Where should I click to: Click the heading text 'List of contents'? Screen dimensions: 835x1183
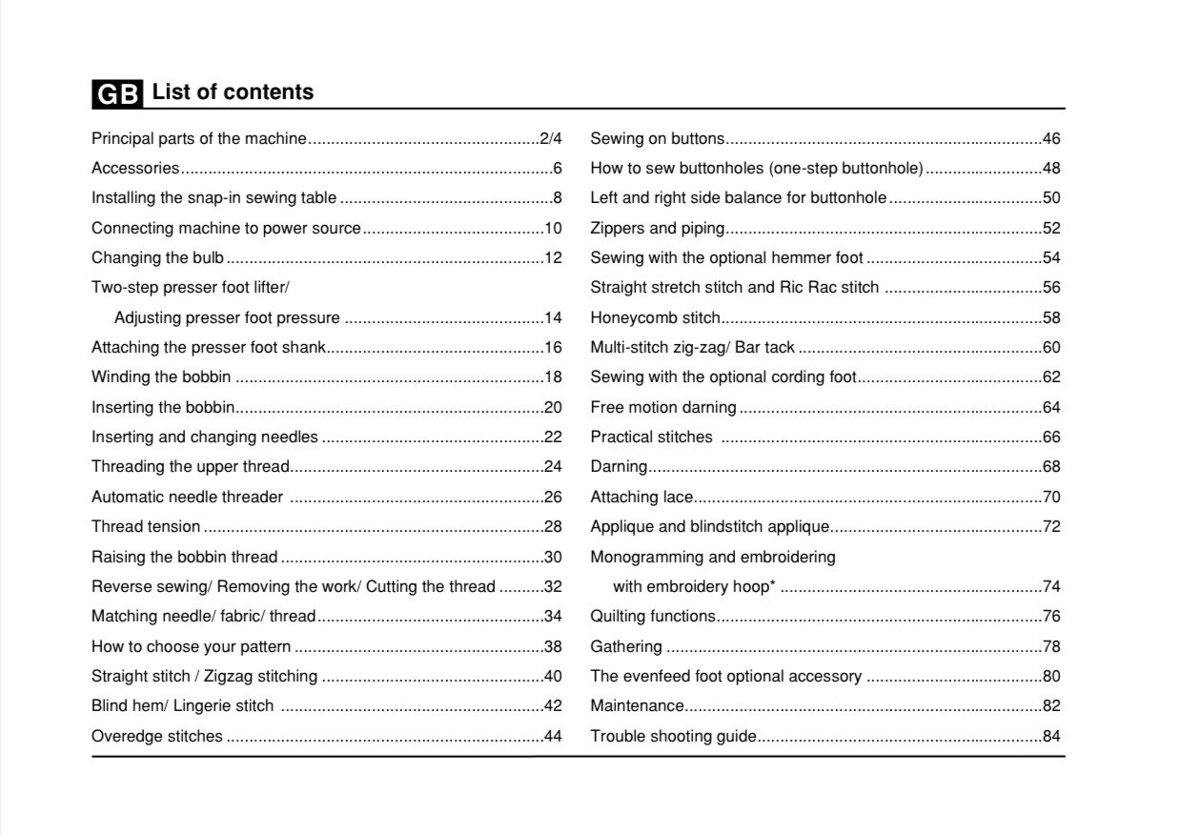tap(233, 92)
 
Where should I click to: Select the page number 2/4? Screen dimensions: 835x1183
tap(550, 139)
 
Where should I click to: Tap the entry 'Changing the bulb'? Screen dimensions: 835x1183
tap(157, 258)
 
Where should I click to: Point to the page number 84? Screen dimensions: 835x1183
tap(1051, 737)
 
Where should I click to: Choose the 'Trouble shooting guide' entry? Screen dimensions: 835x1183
tap(673, 737)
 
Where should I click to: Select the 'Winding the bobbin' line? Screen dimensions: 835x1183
tap(160, 377)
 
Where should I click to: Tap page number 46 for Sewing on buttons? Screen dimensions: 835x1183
tap(1051, 139)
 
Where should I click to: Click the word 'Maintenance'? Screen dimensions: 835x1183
tap(637, 706)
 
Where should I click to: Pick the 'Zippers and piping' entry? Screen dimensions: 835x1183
tap(657, 229)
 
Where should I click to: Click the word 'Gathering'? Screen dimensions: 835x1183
tap(626, 647)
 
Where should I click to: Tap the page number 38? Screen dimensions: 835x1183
tap(553, 647)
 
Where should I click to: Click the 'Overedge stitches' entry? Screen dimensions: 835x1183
tap(156, 737)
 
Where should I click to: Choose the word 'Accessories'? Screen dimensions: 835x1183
tap(134, 169)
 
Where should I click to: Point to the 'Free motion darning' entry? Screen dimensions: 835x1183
tap(663, 408)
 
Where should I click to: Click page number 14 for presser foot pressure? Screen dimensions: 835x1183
tap(553, 318)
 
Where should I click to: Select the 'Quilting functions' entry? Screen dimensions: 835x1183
tap(652, 617)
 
